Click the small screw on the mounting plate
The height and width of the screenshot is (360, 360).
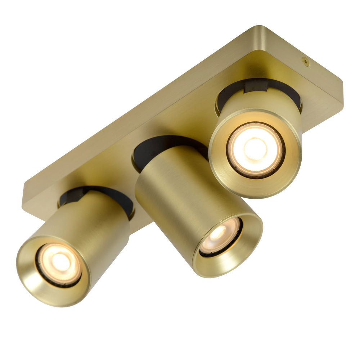(x=306, y=62)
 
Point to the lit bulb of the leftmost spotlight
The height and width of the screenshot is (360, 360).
(x=60, y=262)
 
